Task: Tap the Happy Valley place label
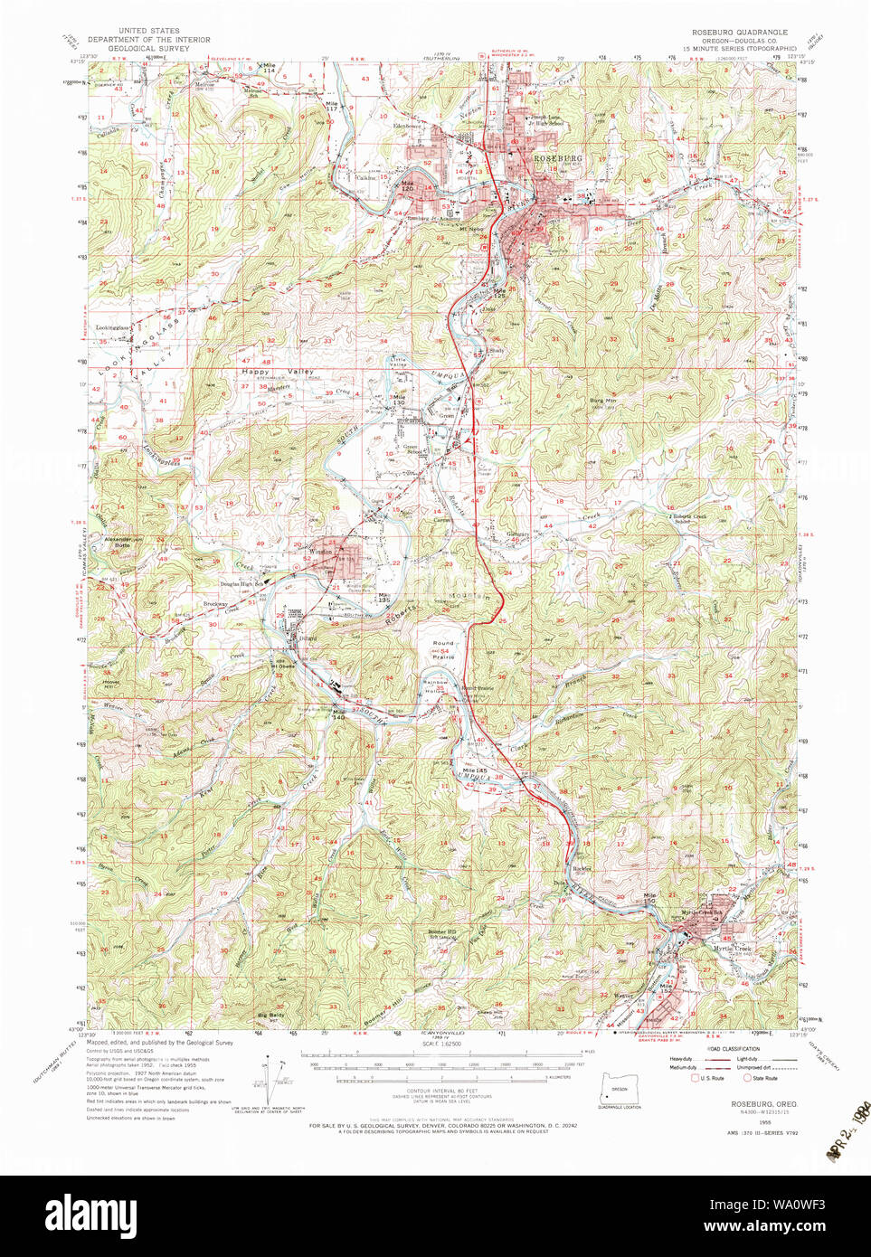pos(278,372)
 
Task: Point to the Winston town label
pos(321,551)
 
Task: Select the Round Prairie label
pos(443,649)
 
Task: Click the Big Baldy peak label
pos(270,1016)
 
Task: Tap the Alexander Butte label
pos(118,543)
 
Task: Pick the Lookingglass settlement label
pos(113,327)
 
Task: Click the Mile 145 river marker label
pos(462,770)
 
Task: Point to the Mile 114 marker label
pos(269,67)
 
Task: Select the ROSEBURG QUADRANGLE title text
pos(734,32)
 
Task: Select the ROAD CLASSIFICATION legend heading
pos(734,1049)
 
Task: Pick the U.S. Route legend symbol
pos(695,1078)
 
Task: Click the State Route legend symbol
pos(747,1078)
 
